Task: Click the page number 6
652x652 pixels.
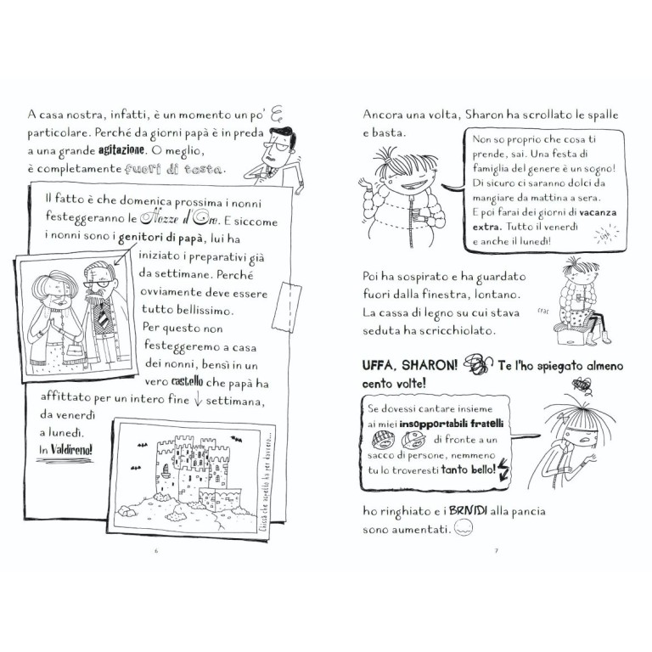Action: tap(156, 550)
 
